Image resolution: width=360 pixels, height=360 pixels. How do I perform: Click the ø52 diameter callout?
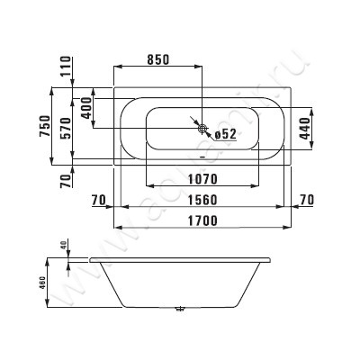click(224, 134)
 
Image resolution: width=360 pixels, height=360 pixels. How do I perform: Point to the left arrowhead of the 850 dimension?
click(116, 67)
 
